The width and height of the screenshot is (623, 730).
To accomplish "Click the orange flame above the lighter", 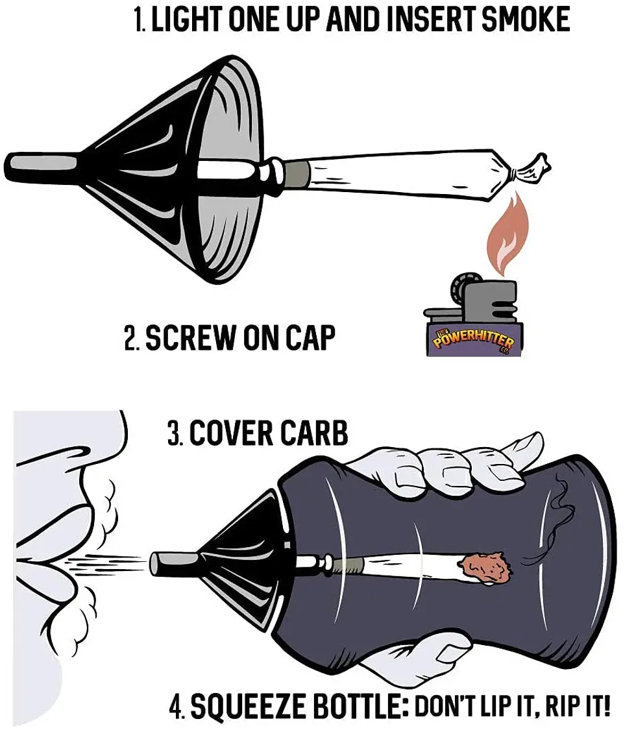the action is (504, 235).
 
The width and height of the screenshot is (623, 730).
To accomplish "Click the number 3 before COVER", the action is (174, 433).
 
